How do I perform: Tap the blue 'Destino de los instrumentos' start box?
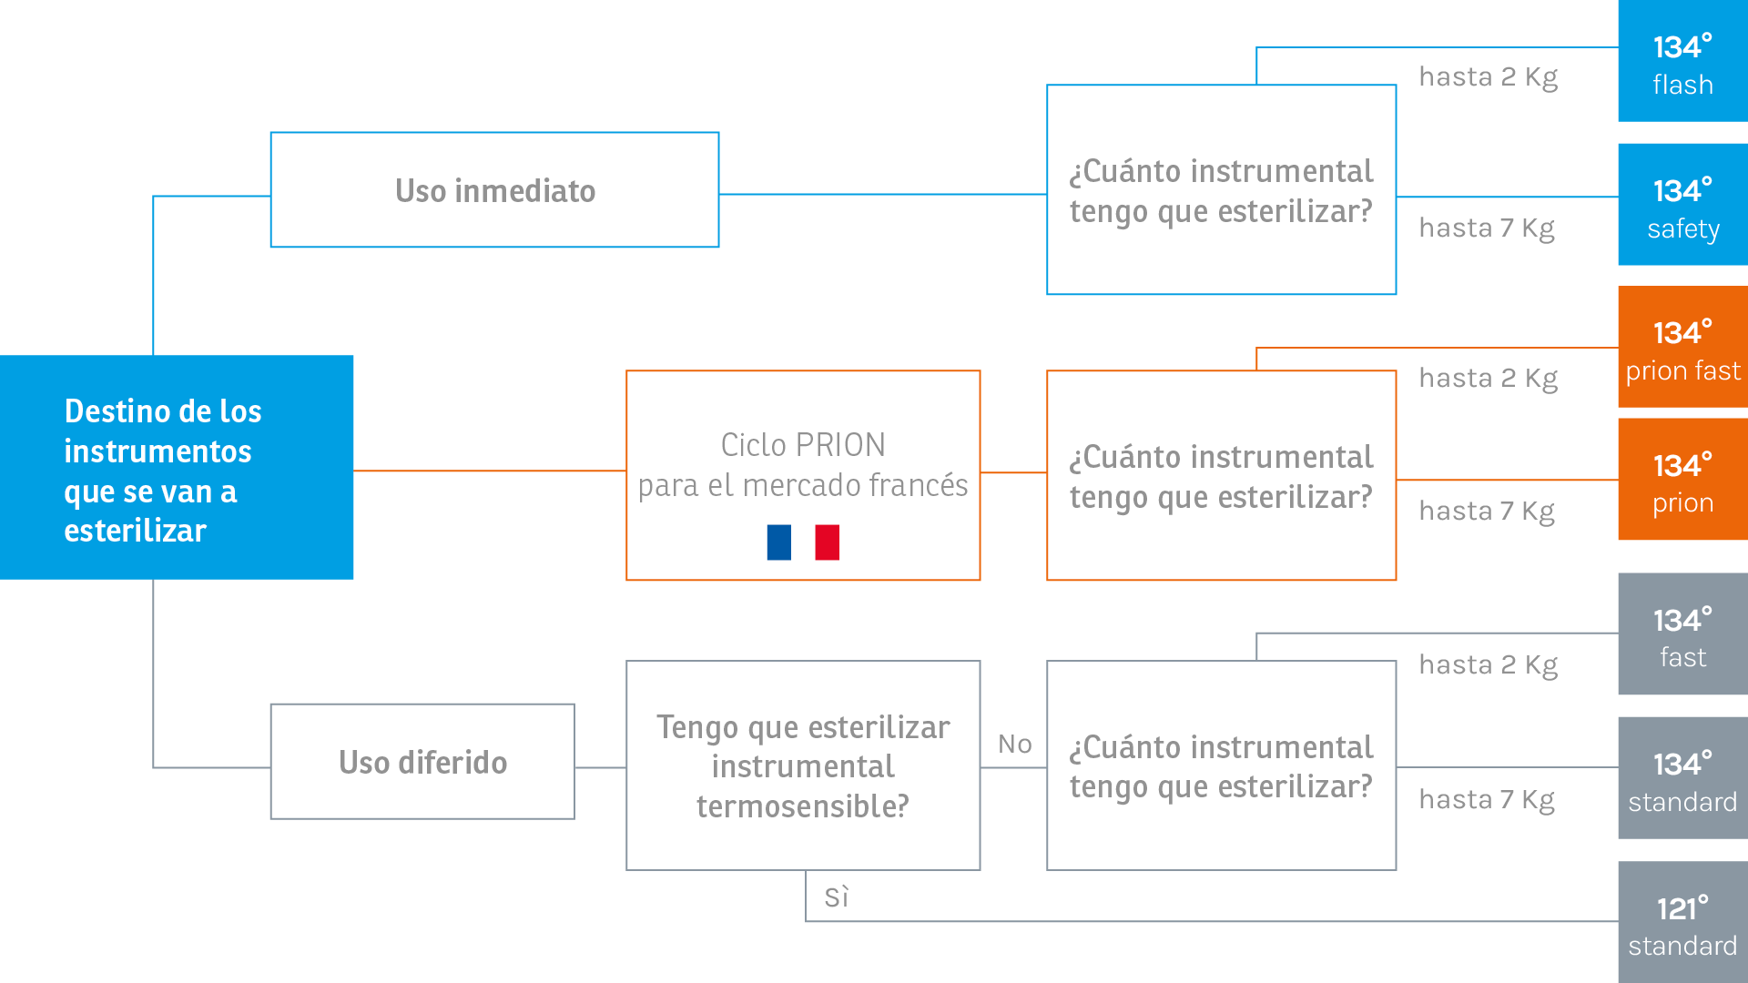click(x=177, y=467)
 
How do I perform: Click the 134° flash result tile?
click(x=1682, y=61)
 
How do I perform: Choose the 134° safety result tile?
click(x=1682, y=205)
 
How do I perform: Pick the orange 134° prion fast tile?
click(x=1682, y=347)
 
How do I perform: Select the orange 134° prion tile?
click(x=1682, y=480)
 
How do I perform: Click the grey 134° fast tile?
click(x=1682, y=634)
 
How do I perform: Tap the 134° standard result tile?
click(x=1682, y=778)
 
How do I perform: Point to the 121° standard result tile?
click(x=1682, y=922)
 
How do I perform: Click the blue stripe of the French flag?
click(x=779, y=542)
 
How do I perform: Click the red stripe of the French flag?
click(x=828, y=542)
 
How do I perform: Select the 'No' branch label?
click(x=1015, y=744)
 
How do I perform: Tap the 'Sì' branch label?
click(x=837, y=897)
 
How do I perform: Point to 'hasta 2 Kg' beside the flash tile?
click(x=1489, y=77)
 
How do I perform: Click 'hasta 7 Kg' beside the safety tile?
click(x=1487, y=228)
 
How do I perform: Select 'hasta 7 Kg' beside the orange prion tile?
click(x=1487, y=512)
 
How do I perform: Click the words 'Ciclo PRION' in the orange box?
click(x=803, y=445)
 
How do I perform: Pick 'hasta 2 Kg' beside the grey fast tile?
click(x=1489, y=665)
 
